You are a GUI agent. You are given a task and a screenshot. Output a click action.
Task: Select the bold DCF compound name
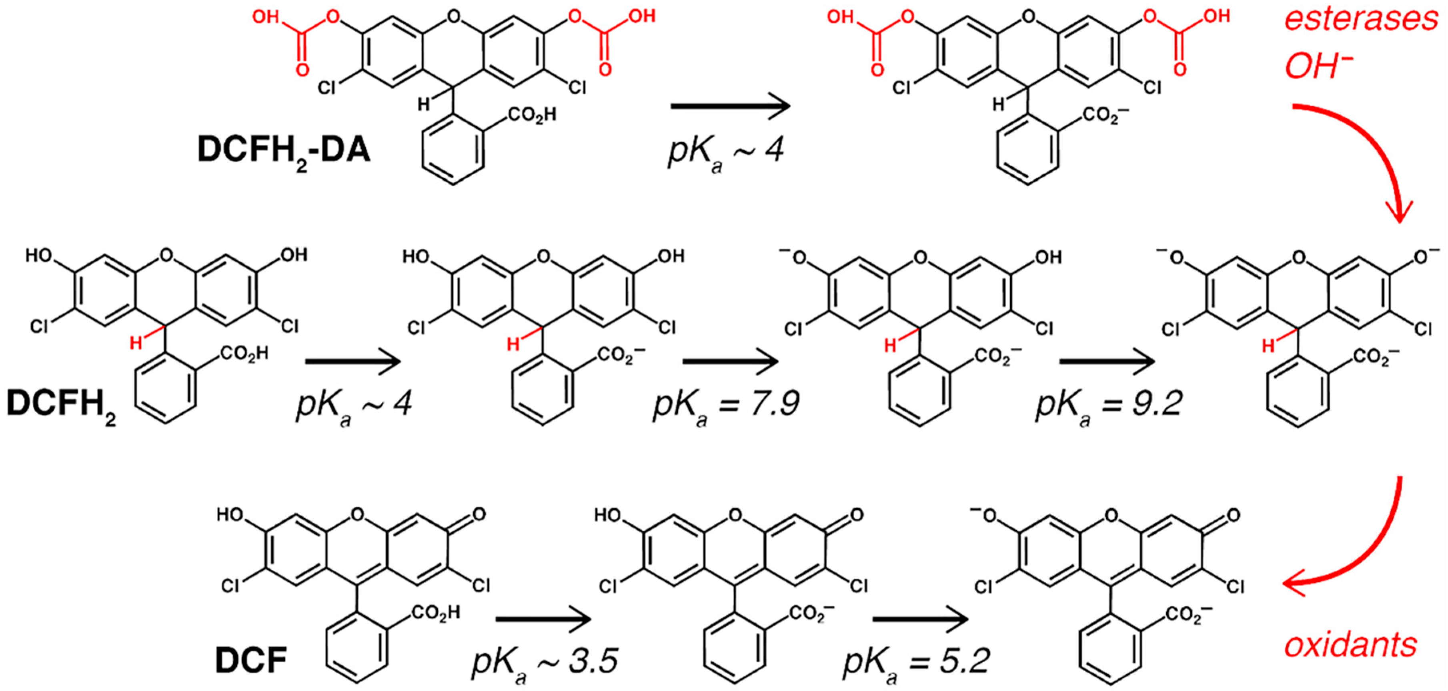(x=251, y=660)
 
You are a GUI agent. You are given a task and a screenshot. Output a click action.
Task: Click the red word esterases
(x=1360, y=20)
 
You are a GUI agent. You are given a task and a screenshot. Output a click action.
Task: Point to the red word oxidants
(x=1350, y=646)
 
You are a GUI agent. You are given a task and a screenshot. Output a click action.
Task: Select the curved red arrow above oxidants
(x=1360, y=551)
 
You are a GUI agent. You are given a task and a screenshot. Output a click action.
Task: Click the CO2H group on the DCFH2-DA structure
(x=532, y=115)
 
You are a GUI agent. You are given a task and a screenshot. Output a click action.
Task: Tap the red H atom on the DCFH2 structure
(x=136, y=342)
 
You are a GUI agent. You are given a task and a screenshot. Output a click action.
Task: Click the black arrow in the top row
(x=730, y=106)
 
